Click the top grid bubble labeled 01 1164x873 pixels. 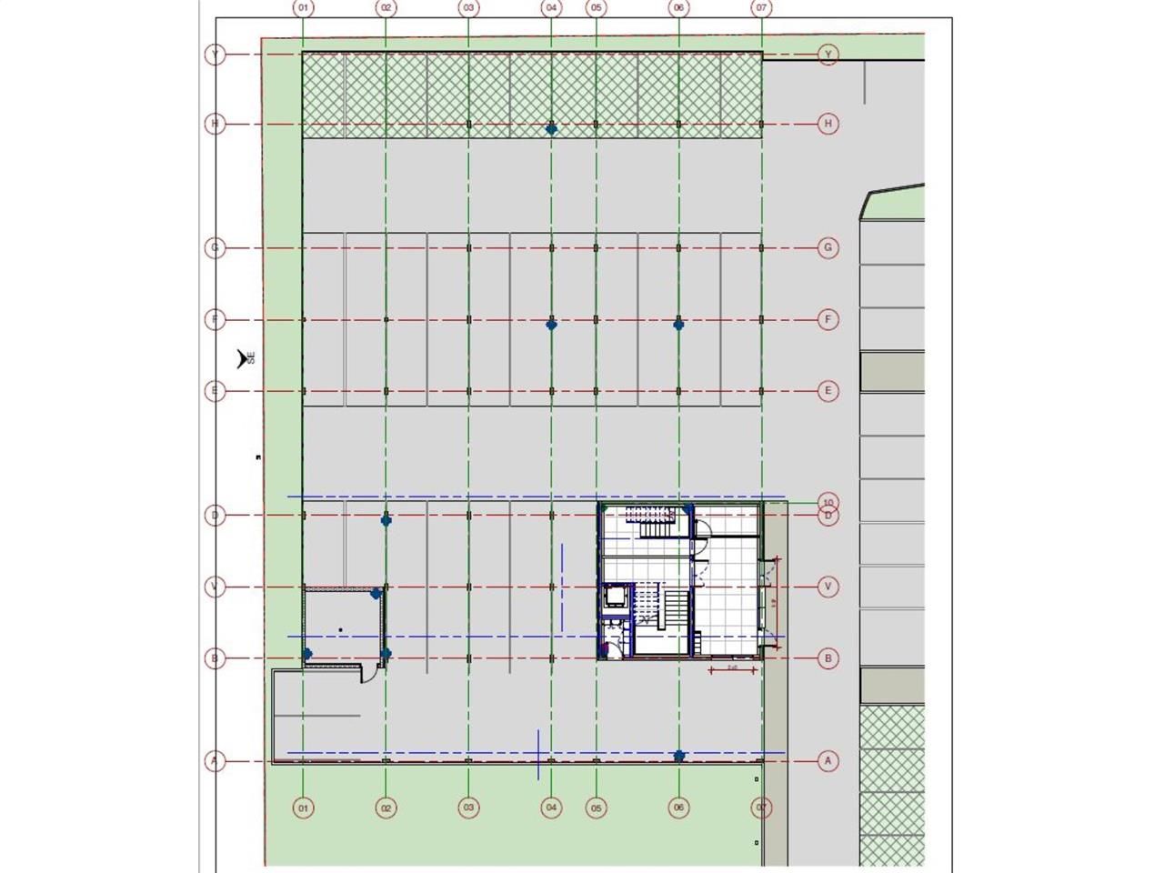303,8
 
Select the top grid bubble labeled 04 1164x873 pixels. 551,8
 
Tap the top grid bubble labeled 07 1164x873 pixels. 761,8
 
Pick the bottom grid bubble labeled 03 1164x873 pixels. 468,808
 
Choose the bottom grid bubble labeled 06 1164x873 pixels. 678,808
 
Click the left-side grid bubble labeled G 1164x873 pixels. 215,247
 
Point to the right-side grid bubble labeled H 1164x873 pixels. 828,124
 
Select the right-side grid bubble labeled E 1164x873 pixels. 828,391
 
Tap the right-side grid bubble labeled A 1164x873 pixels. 828,761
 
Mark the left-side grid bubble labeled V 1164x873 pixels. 215,587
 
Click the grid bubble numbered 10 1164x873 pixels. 828,502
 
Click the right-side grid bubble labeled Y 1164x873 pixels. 828,55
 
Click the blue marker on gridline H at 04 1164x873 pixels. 551,129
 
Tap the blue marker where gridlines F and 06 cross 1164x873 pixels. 678,325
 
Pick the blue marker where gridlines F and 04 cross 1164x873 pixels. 551,325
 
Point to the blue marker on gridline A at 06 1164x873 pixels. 678,756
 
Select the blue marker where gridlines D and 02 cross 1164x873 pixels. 386,520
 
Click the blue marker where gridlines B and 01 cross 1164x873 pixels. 307,654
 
